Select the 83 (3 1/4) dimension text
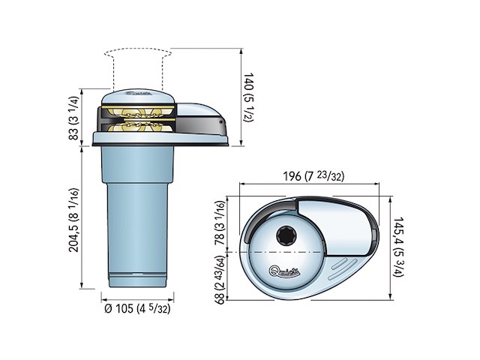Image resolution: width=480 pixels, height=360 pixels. pos(73,117)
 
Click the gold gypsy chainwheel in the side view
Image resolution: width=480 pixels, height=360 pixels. pos(135,119)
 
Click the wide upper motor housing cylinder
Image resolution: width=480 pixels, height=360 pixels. pos(135,165)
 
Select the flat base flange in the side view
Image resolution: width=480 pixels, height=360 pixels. pos(161,139)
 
